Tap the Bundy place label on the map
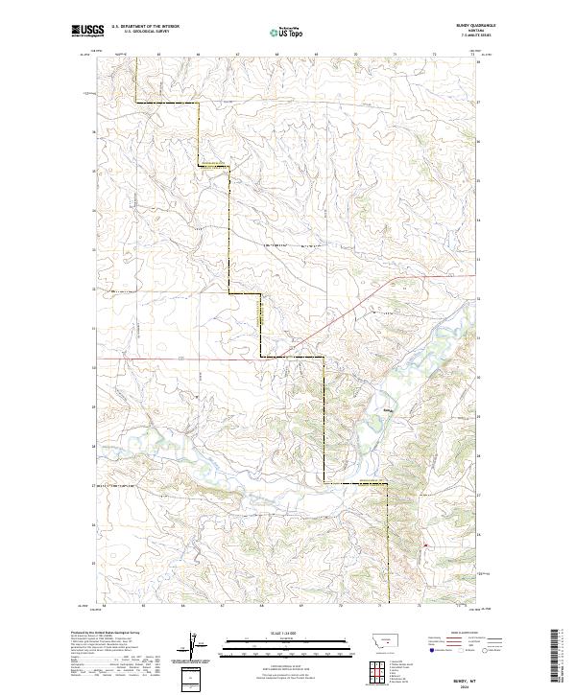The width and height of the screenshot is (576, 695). coord(388,412)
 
